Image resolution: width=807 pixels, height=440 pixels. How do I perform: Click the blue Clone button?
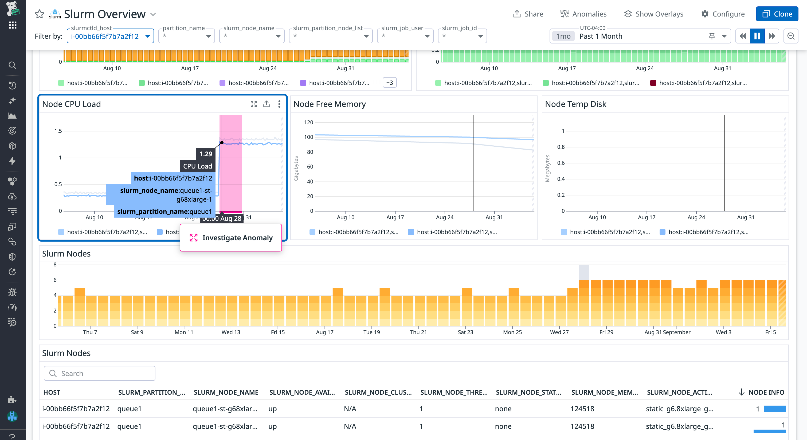[x=777, y=14]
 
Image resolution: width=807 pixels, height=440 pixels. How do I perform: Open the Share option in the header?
[x=528, y=14]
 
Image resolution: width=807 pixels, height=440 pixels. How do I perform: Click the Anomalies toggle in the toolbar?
[x=583, y=14]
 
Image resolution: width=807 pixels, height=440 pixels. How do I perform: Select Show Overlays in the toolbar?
[x=654, y=14]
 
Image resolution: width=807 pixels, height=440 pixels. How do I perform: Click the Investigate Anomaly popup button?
[x=231, y=238]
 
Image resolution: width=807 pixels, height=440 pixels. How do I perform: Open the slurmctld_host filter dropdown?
[x=110, y=36]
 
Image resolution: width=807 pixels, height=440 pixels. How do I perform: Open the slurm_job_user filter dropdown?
[x=405, y=36]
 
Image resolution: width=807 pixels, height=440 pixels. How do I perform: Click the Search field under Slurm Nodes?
[x=100, y=373]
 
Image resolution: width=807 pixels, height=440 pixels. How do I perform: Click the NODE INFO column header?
[x=766, y=393]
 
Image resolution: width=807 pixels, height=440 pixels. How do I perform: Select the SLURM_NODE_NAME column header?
[x=226, y=393]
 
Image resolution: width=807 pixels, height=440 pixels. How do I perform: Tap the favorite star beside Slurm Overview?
[x=40, y=14]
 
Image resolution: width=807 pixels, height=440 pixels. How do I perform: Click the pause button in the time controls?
[x=757, y=36]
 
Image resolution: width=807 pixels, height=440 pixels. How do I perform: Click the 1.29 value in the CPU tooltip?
[x=206, y=154]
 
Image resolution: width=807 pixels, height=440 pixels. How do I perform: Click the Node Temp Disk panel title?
[x=575, y=104]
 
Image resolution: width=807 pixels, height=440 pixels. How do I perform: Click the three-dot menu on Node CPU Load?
[x=279, y=104]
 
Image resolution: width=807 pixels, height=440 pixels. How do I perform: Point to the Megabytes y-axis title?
[x=547, y=168]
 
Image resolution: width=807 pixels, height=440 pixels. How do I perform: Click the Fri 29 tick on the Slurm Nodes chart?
[x=606, y=332]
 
